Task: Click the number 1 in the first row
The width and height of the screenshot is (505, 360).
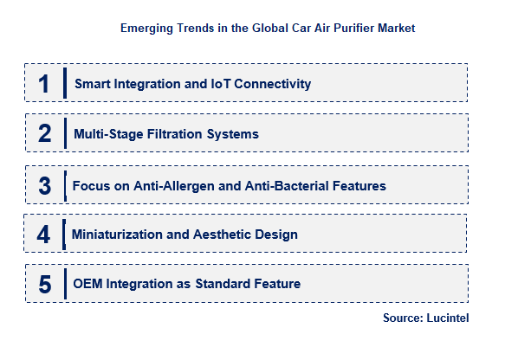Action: (44, 84)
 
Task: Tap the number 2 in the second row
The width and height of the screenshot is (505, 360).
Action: (44, 134)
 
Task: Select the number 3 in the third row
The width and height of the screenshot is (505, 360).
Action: (44, 185)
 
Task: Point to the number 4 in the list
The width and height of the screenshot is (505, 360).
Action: (43, 235)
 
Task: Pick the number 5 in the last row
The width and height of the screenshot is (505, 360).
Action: (44, 284)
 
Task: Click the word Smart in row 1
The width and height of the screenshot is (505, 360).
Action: (92, 84)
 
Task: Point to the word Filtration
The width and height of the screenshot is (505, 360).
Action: (174, 134)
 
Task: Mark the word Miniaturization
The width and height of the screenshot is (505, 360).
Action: (115, 235)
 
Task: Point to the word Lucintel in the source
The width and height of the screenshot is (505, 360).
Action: (448, 318)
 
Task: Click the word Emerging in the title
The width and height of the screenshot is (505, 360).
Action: (146, 29)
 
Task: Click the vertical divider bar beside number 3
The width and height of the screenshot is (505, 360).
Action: (64, 185)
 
